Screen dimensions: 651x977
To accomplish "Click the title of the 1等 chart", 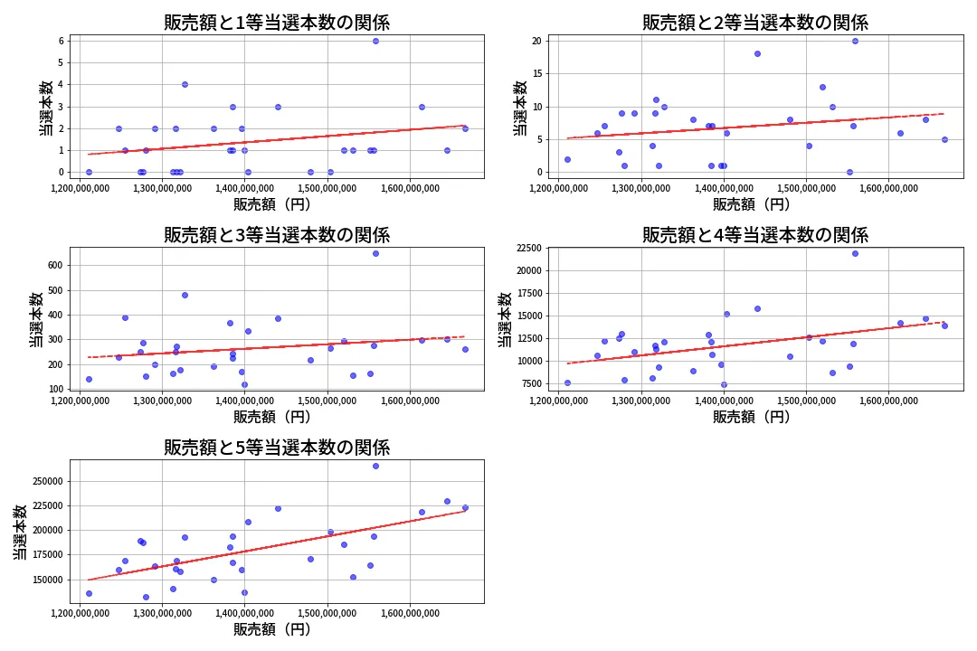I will (x=277, y=23).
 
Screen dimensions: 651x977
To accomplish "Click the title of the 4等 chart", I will (x=755, y=235).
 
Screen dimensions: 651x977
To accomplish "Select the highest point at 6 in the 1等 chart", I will (x=375, y=41).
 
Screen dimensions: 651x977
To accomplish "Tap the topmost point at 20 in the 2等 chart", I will (x=855, y=41).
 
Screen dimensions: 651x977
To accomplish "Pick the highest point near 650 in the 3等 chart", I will (x=375, y=253).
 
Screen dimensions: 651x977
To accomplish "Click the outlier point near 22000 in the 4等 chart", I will (x=855, y=253).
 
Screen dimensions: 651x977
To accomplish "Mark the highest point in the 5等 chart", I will (x=375, y=466).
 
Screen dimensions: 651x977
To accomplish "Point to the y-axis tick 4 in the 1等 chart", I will (x=60, y=84).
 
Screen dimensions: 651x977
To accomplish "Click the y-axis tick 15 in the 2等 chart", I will (x=537, y=73).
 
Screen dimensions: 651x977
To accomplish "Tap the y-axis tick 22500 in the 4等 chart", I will (x=524, y=248).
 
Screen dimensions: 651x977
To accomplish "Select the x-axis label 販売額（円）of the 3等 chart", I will (x=272, y=417).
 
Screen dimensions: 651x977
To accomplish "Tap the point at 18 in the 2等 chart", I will (x=757, y=53).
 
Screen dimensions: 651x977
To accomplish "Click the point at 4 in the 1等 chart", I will (x=185, y=84).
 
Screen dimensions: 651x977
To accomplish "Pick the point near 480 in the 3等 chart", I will (x=185, y=295).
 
